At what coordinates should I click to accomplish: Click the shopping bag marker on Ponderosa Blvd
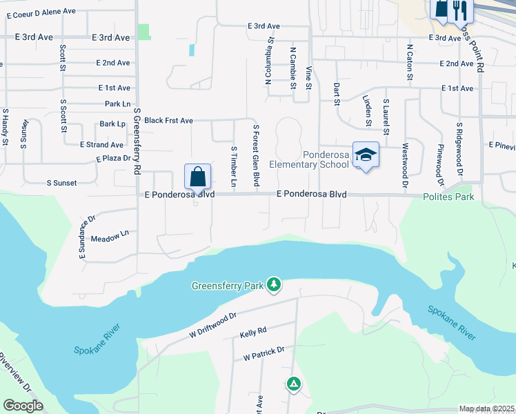pos(198,177)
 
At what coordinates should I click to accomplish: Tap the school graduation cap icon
pos(366,155)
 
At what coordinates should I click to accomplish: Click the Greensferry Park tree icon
pos(275,284)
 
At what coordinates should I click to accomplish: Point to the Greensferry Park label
pos(228,285)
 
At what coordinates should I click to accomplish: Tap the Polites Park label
pos(449,197)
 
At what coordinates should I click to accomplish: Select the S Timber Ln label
pos(234,166)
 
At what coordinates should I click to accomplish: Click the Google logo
pos(23,405)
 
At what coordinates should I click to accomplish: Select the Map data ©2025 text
pos(486,409)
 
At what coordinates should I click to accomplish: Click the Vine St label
pos(310,77)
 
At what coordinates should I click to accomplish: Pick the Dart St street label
pos(337,93)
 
